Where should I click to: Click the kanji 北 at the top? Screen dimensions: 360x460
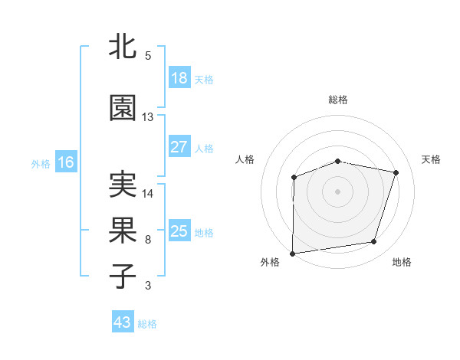coord(123,47)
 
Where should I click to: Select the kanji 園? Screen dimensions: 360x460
coord(123,108)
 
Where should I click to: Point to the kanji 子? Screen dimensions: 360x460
coord(123,277)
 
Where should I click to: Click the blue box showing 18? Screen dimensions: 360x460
coord(179,78)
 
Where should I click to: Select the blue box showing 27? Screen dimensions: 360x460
coord(179,147)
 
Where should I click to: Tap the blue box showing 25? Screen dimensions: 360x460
coord(179,231)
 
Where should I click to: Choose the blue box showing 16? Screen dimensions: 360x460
coord(66,162)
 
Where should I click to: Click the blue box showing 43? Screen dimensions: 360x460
coord(123,322)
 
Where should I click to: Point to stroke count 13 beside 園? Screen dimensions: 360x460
coord(148,117)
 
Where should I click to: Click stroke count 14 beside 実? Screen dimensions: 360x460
coord(148,194)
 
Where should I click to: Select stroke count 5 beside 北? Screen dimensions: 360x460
coord(148,56)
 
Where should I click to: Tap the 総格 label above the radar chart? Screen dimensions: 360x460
coord(338,100)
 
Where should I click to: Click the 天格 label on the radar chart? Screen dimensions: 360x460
coord(431,159)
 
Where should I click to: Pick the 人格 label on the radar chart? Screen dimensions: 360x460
coord(245,159)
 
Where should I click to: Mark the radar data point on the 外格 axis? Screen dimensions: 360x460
coord(293,253)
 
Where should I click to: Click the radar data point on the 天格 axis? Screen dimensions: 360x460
coord(396,172)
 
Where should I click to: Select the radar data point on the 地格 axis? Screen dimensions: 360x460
coord(374,242)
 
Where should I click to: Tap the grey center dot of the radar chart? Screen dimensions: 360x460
coord(338,191)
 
